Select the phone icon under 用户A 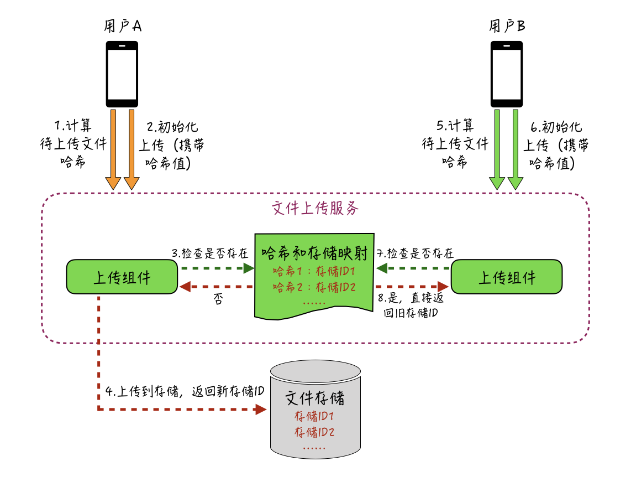click(122, 74)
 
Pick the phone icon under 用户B click(507, 74)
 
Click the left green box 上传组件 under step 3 click(122, 277)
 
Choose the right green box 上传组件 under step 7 click(507, 277)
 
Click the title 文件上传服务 click(315, 209)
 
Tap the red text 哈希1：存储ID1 click(313, 272)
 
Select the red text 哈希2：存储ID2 click(313, 287)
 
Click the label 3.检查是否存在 click(210, 253)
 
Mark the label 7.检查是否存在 click(415, 253)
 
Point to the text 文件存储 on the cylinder click(315, 398)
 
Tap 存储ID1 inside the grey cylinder click(315, 417)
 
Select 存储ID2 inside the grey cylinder click(315, 432)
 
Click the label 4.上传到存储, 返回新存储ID click(185, 391)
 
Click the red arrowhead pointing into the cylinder click(260, 410)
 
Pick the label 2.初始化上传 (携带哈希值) click(171, 146)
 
